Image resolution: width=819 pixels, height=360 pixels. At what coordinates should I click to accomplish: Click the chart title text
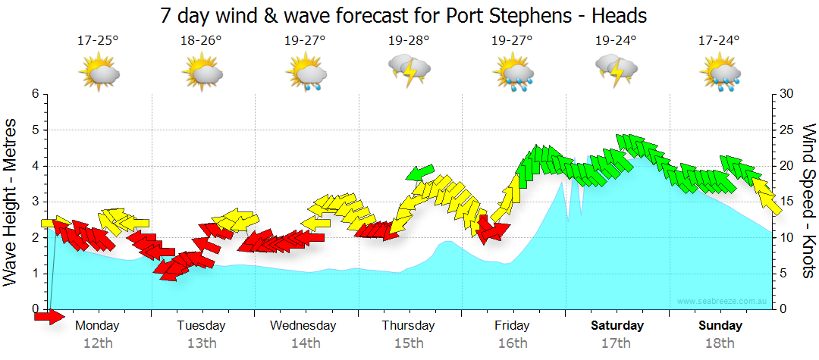pyautogui.click(x=403, y=15)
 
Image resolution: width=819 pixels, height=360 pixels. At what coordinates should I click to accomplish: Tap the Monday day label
pyautogui.click(x=98, y=326)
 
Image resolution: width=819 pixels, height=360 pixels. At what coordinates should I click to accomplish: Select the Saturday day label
pyautogui.click(x=617, y=326)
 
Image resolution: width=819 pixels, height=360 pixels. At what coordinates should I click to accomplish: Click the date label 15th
pyautogui.click(x=409, y=343)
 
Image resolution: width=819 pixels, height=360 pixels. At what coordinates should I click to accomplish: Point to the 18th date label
pyautogui.click(x=720, y=343)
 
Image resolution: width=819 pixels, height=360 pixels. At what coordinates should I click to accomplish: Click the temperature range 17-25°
pyautogui.click(x=98, y=40)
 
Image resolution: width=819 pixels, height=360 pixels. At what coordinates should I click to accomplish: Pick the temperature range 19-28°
pyautogui.click(x=409, y=40)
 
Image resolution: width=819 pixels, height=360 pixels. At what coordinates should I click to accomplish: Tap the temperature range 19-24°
pyautogui.click(x=616, y=40)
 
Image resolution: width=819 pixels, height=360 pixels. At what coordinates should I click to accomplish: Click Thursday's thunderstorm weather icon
pyautogui.click(x=409, y=70)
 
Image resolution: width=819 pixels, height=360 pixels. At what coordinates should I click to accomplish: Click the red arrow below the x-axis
pyautogui.click(x=50, y=317)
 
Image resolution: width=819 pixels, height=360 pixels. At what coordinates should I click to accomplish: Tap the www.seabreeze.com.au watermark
pyautogui.click(x=723, y=302)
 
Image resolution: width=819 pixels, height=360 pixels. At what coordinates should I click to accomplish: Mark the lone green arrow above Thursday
pyautogui.click(x=420, y=173)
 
